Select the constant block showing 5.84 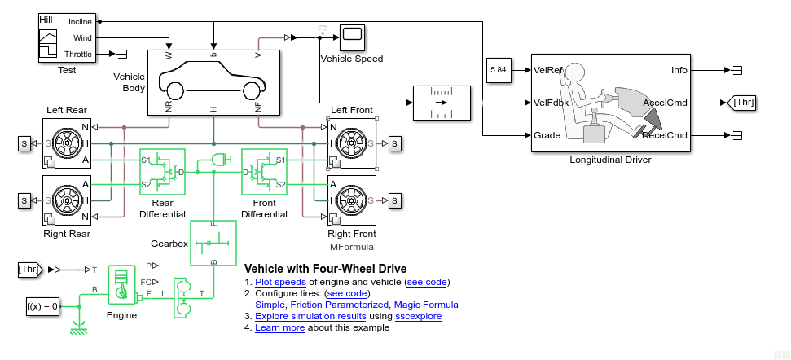498,71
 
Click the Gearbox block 213,243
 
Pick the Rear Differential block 162,172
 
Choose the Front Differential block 265,172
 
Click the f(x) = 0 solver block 42,306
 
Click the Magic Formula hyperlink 425,305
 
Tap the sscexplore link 418,316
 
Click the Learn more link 279,327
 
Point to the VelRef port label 548,71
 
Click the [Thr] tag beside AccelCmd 743,103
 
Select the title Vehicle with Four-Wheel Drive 326,269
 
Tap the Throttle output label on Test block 78,55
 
